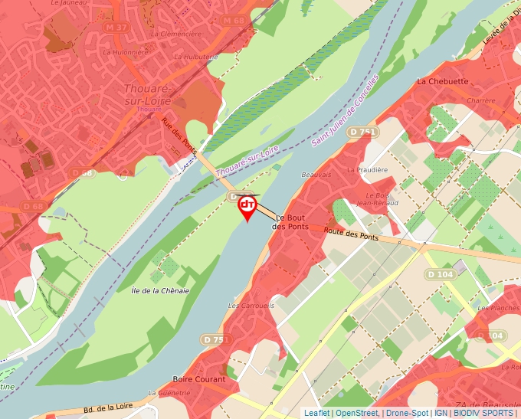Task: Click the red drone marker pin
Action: click(247, 207)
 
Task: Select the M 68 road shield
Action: click(234, 20)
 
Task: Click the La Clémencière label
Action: click(176, 34)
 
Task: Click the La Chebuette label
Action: click(442, 81)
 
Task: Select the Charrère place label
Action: click(481, 100)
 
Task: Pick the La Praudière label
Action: click(365, 169)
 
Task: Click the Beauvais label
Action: click(316, 175)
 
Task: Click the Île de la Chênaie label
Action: click(160, 290)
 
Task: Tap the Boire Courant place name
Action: click(199, 379)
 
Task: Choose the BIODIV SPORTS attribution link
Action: click(483, 414)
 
